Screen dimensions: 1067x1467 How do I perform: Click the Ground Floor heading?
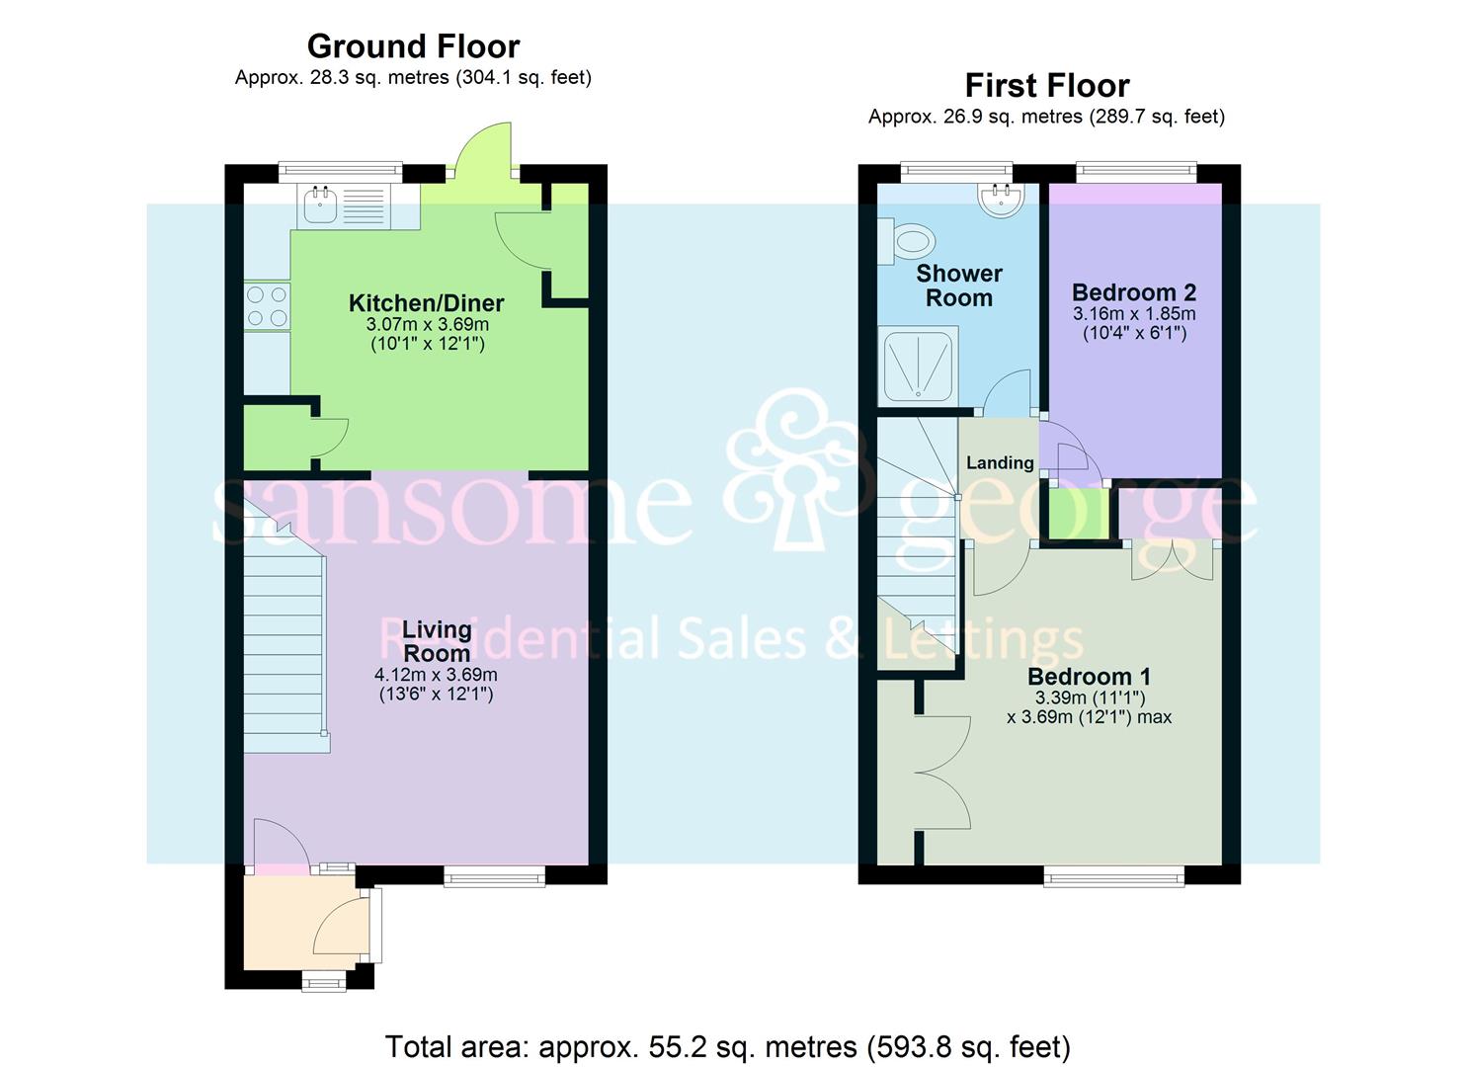[413, 46]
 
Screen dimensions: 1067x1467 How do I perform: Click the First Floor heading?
[1046, 86]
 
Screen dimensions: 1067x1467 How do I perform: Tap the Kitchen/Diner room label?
[427, 303]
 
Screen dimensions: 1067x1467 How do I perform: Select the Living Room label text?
[436, 641]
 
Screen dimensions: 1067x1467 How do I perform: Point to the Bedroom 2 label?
[1133, 292]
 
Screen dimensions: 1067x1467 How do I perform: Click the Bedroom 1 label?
[1089, 677]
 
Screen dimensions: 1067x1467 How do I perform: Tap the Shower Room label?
[958, 286]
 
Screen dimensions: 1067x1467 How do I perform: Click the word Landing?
[1000, 462]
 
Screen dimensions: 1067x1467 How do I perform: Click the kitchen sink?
[321, 205]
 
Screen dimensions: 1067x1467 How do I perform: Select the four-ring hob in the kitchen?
[267, 305]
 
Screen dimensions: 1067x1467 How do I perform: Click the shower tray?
[918, 368]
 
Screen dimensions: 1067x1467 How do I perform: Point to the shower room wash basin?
[1002, 198]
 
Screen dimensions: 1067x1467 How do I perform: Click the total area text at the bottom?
[727, 1046]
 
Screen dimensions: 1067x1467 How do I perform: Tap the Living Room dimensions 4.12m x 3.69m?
[436, 675]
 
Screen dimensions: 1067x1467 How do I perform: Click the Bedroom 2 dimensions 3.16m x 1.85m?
[1133, 314]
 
